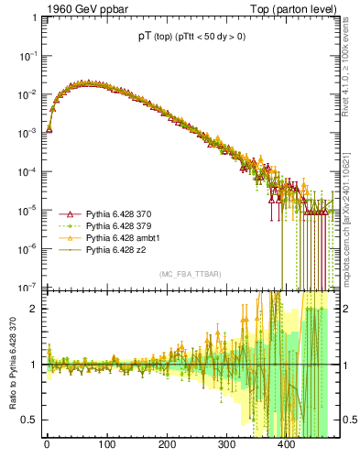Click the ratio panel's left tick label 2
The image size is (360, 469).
[33, 309]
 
